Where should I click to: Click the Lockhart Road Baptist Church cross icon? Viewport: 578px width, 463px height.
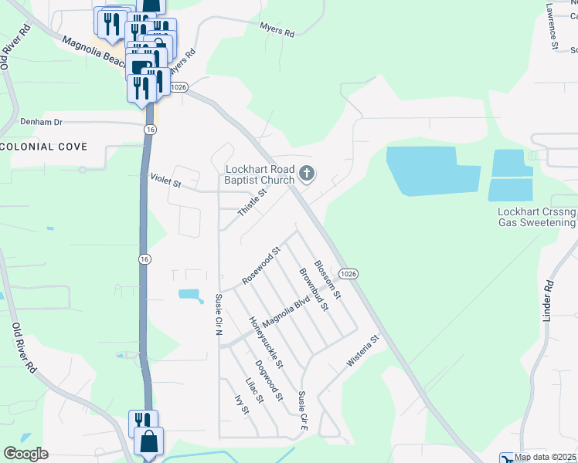pos(308,174)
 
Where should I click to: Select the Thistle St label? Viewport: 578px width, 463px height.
pos(252,203)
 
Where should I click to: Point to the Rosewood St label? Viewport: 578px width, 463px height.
pos(260,267)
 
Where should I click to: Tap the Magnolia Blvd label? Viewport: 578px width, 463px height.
pos(286,311)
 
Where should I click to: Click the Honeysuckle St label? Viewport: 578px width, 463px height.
pos(266,342)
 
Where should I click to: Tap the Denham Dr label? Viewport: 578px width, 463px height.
pos(41,122)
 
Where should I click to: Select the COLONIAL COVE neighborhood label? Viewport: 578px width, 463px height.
pos(43,147)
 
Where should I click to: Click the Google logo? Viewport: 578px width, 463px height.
pos(25,454)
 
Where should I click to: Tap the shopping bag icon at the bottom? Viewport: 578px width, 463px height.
pos(148,444)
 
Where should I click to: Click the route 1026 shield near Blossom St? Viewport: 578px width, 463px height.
pos(348,274)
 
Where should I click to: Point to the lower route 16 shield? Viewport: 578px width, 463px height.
pos(144,259)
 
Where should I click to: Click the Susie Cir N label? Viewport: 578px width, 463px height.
pos(219,315)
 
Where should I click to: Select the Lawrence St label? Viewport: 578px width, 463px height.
pos(552,26)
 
